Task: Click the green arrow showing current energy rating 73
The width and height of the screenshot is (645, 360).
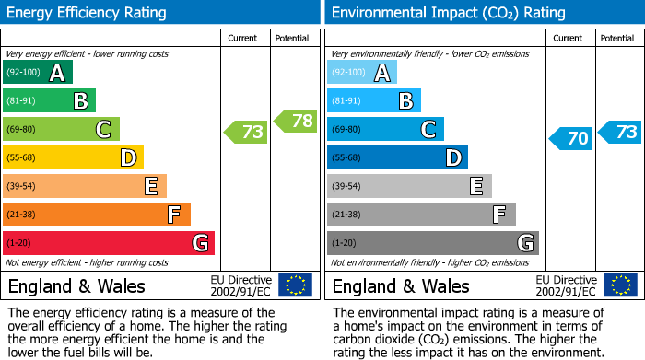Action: coord(246,132)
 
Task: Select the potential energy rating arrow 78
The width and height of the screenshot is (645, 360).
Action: coord(295,121)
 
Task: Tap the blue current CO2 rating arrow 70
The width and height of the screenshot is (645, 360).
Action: coord(571,139)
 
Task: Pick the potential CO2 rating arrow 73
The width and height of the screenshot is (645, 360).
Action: coord(620,132)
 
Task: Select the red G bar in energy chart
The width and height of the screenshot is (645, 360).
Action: coord(109,243)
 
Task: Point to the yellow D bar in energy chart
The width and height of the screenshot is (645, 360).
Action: coord(74,158)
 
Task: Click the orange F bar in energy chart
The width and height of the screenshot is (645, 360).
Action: coord(97,215)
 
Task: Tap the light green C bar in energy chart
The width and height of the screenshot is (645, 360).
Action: coord(62,130)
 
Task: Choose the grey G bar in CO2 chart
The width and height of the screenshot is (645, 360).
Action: coord(433,243)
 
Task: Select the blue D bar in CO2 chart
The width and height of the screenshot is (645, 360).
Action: coord(397,158)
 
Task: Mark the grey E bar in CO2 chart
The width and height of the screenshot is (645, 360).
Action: coord(409,187)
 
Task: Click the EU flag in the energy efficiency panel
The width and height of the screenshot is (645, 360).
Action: coord(295,285)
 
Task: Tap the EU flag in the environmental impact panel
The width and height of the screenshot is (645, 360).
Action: coord(619,285)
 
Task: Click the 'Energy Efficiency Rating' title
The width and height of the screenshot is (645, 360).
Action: coord(88,13)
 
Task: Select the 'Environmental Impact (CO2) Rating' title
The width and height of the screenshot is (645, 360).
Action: coord(448,13)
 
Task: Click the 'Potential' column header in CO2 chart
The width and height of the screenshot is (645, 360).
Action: coord(617,38)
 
